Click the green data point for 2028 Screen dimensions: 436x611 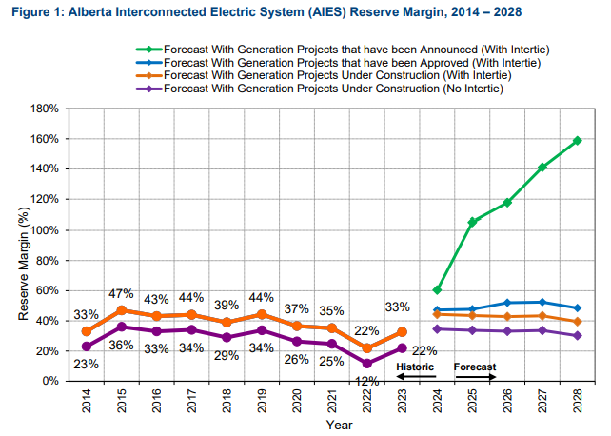pos(578,141)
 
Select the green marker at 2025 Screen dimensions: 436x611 pos(472,222)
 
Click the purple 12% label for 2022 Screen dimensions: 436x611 pos(366,380)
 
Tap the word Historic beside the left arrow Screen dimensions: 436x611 pos(415,367)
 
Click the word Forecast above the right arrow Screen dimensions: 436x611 pos(475,367)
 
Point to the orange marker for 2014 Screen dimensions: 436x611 pos(87,331)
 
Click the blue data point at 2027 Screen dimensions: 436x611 pos(542,302)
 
